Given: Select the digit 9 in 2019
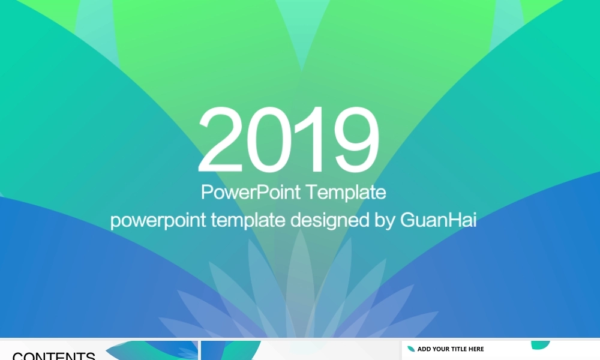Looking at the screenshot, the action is click(x=356, y=140).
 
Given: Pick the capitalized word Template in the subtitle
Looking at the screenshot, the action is click(x=346, y=193).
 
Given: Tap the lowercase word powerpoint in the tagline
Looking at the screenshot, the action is click(x=158, y=221).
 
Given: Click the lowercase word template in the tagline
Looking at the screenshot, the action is click(x=248, y=221).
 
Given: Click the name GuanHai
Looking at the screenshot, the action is click(x=438, y=220).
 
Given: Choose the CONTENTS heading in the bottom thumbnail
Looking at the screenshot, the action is click(x=53, y=356).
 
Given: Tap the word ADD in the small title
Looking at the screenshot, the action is click(x=424, y=349).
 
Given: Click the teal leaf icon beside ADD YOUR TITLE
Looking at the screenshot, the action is click(x=411, y=349).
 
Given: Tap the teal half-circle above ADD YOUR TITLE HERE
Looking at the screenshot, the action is click(x=541, y=344).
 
